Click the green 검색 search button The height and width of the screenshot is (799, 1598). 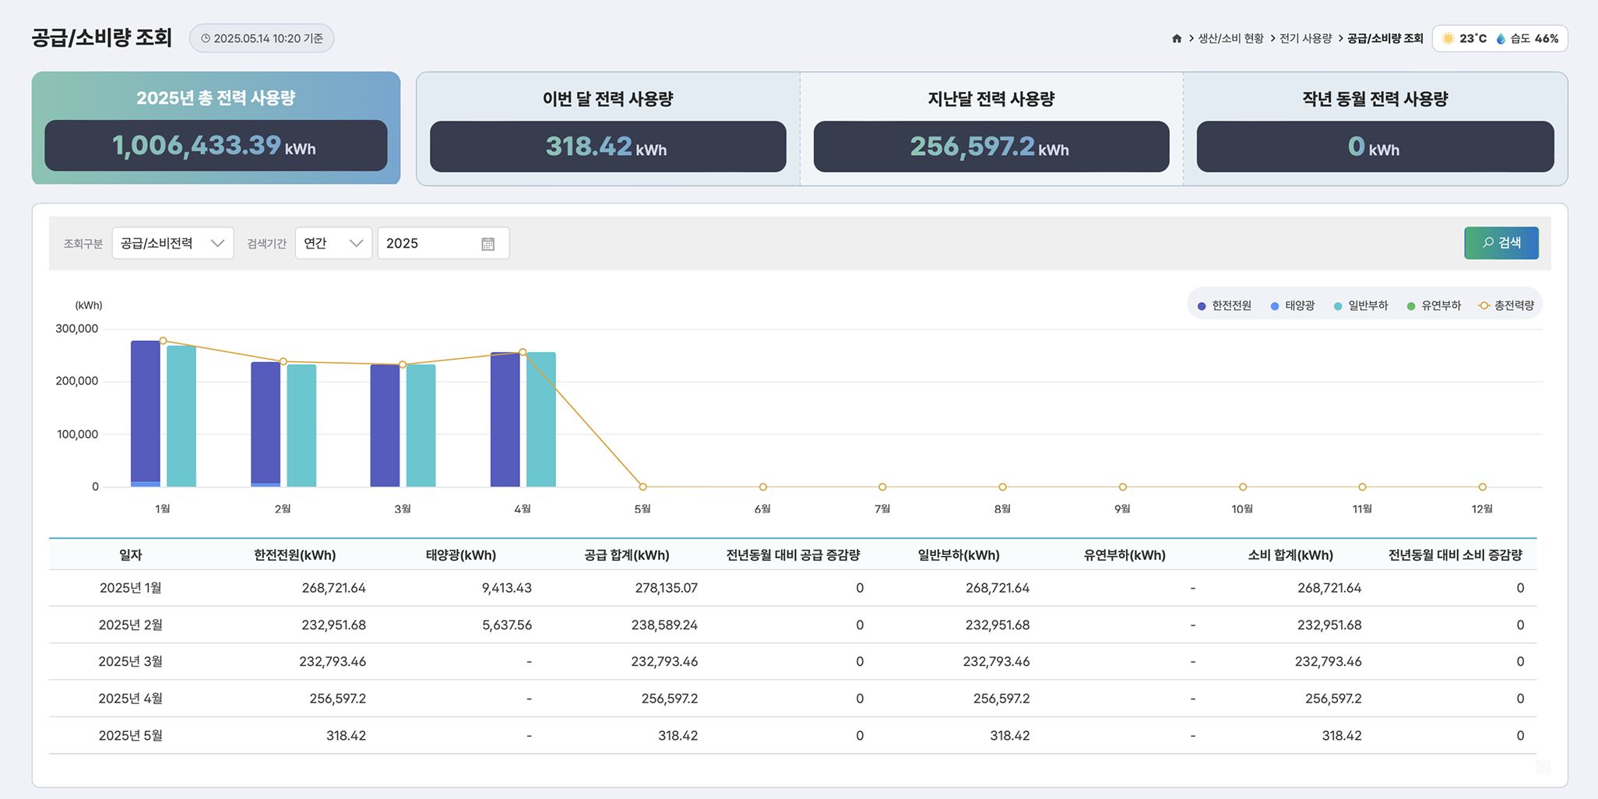pyautogui.click(x=1501, y=243)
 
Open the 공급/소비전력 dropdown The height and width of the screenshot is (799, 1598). pyautogui.click(x=172, y=243)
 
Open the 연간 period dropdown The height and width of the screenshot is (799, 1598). pyautogui.click(x=333, y=243)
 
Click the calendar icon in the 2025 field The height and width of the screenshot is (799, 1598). pyautogui.click(x=488, y=244)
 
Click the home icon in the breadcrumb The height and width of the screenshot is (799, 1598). pyautogui.click(x=1177, y=38)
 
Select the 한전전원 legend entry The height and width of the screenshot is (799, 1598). pyautogui.click(x=1225, y=305)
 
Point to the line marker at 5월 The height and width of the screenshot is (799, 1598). pyautogui.click(x=642, y=487)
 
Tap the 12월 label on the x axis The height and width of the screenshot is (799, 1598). pyautogui.click(x=1482, y=509)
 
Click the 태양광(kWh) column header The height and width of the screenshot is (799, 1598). pyautogui.click(x=460, y=555)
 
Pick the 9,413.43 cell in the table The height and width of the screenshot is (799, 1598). pyautogui.click(x=506, y=588)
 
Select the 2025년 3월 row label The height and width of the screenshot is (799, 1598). pyautogui.click(x=130, y=661)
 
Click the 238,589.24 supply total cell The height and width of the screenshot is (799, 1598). pyautogui.click(x=663, y=625)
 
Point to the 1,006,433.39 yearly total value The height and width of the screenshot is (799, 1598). pyautogui.click(x=196, y=146)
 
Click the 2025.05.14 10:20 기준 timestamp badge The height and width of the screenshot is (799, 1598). pyautogui.click(x=262, y=38)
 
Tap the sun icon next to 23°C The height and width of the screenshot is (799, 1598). pyautogui.click(x=1448, y=38)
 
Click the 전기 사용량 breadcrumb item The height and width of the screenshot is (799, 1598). pyautogui.click(x=1305, y=38)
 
